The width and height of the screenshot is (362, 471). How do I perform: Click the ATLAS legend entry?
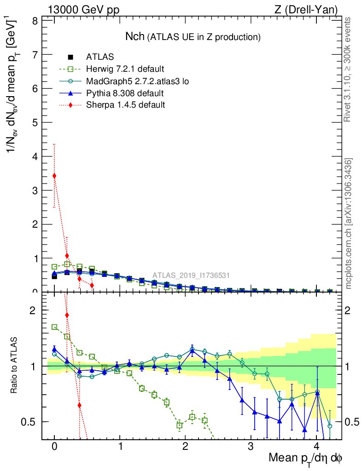[x=100, y=57]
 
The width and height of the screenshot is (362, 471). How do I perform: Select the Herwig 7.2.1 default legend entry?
[x=124, y=69]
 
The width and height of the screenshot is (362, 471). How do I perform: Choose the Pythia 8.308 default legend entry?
[x=124, y=93]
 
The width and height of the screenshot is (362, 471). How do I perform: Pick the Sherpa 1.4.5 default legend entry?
[x=125, y=105]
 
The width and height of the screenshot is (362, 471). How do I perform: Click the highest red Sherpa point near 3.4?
[x=54, y=176]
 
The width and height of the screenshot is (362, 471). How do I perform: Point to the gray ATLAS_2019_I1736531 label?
[x=191, y=276]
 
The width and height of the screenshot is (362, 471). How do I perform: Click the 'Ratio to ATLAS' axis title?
[x=15, y=366]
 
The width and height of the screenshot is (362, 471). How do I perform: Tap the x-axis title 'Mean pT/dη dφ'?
[x=305, y=458]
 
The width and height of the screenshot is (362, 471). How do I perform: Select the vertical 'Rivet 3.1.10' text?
[x=348, y=69]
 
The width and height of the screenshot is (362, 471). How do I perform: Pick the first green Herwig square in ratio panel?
[x=54, y=327]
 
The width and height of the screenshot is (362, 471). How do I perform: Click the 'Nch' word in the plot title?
[x=135, y=36]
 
